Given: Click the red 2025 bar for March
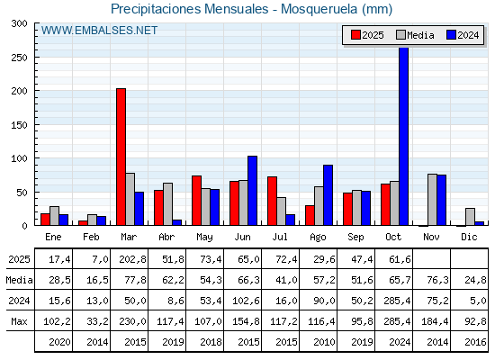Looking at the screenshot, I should [x=121, y=157].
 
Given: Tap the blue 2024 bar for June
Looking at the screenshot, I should [x=252, y=191].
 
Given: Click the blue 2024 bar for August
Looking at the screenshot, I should [x=328, y=195].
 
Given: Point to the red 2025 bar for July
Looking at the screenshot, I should [x=272, y=202].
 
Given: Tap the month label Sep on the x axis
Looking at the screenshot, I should [x=356, y=236].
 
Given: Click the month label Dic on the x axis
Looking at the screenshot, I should [x=470, y=236].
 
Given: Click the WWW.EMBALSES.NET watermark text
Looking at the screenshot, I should [x=99, y=31].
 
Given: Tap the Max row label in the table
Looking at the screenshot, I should [x=17, y=321].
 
